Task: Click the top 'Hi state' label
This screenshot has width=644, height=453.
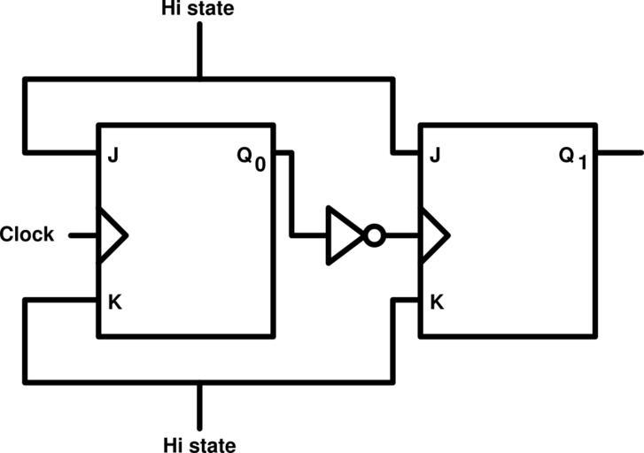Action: pyautogui.click(x=198, y=11)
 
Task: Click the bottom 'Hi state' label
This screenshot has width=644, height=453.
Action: pyautogui.click(x=200, y=442)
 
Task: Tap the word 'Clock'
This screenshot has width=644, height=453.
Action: pyautogui.click(x=27, y=235)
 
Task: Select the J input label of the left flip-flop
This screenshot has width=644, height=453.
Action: pyautogui.click(x=113, y=157)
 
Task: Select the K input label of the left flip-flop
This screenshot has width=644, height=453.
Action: pyautogui.click(x=114, y=302)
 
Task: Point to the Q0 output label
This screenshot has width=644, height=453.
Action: pyautogui.click(x=251, y=158)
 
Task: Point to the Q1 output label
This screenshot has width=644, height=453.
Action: pyautogui.click(x=573, y=158)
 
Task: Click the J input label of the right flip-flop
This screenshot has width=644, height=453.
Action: pyautogui.click(x=435, y=157)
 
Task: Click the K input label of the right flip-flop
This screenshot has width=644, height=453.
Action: pyautogui.click(x=436, y=302)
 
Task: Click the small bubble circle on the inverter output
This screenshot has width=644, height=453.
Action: pyautogui.click(x=375, y=235)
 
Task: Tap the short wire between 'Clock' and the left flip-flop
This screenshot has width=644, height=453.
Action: pyautogui.click(x=83, y=235)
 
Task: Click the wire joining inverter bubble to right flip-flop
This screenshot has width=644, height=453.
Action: pyautogui.click(x=401, y=235)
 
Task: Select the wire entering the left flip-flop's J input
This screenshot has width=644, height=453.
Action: pyautogui.click(x=62, y=151)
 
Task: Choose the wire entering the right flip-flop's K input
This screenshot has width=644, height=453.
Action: pyautogui.click(x=406, y=301)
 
